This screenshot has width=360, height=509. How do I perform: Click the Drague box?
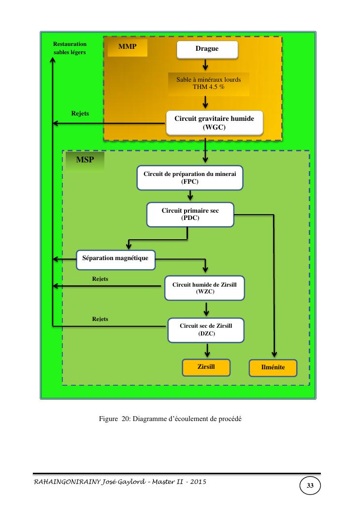point(207,49)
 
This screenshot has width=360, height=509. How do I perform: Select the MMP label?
point(128,47)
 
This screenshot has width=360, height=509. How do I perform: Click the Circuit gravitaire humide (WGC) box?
point(214,123)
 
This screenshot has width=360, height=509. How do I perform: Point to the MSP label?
point(86,160)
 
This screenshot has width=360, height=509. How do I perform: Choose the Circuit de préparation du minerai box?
point(190,178)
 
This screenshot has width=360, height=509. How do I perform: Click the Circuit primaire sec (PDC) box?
point(190,215)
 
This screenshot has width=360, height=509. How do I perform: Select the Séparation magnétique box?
point(115,259)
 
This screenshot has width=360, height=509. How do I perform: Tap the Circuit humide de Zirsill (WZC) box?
point(205,288)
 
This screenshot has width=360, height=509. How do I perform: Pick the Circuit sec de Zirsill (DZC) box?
point(206,329)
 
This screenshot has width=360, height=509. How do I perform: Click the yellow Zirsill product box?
point(206,367)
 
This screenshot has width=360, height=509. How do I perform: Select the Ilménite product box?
point(273,368)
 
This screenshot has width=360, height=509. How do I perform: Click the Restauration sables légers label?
point(70,48)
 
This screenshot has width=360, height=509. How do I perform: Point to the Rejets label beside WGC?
point(80,114)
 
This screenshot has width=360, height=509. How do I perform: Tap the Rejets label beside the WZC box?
point(100,279)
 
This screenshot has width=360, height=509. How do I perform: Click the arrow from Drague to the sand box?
point(205,64)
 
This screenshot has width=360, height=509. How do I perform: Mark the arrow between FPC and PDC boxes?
point(190,195)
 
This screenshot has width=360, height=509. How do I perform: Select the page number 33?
point(310,486)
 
